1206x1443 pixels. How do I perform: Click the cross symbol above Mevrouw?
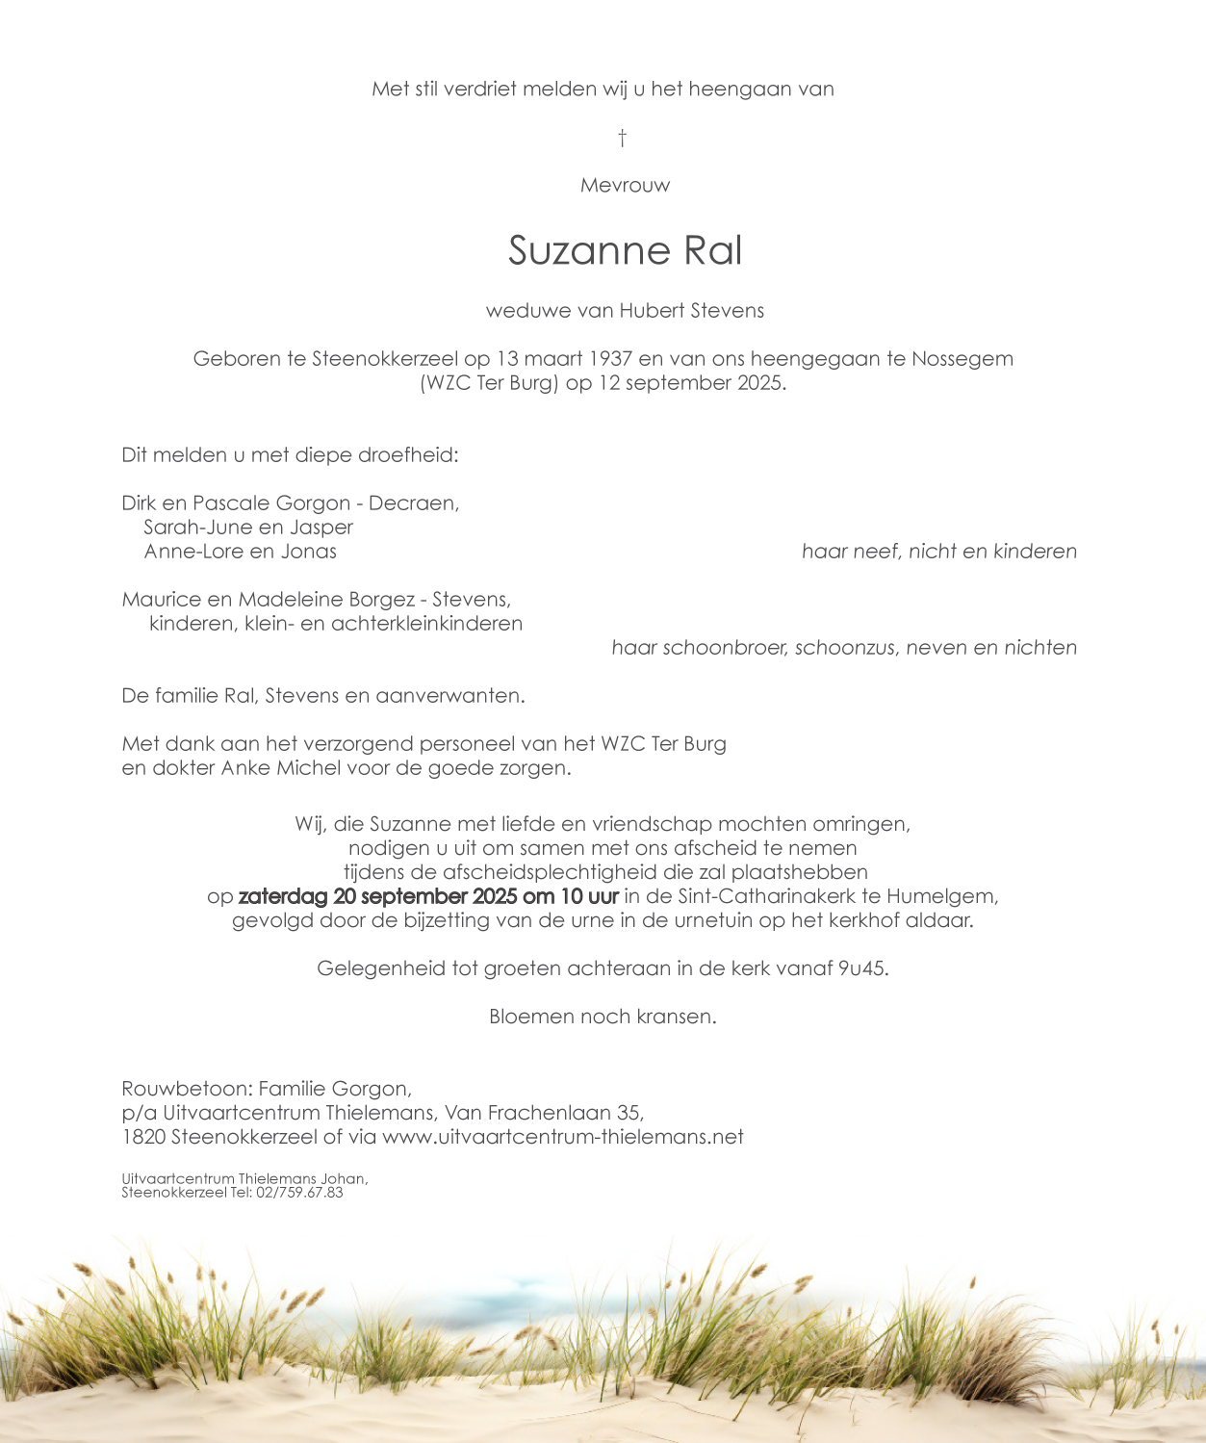[622, 138]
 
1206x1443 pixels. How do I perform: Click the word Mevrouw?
[625, 186]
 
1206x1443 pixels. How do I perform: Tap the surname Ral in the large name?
[712, 251]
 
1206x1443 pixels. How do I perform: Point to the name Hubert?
[651, 311]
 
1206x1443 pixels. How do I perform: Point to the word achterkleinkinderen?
[426, 624]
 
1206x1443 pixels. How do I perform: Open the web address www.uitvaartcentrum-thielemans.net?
[562, 1137]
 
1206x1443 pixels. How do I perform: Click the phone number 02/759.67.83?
[298, 1193]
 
